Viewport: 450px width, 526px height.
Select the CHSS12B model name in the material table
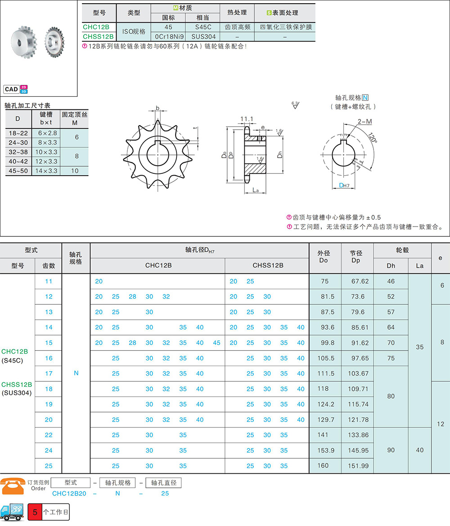98,36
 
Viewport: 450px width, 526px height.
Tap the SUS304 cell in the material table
203,36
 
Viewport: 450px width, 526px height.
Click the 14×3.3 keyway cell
46,171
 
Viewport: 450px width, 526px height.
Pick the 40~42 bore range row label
18,161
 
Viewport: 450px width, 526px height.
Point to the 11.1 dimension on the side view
247,119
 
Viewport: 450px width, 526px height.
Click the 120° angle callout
372,137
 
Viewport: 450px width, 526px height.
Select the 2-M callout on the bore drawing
365,122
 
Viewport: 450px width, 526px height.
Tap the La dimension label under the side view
256,190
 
